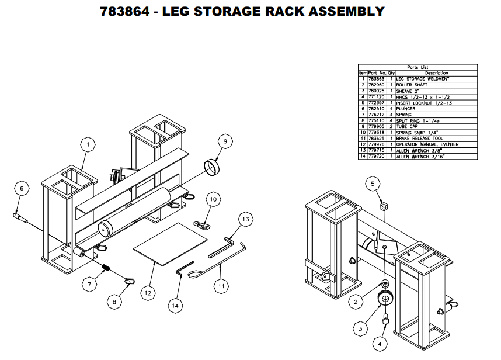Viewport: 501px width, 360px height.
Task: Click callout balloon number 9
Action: (x=224, y=141)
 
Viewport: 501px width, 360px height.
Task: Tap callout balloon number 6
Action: (x=22, y=189)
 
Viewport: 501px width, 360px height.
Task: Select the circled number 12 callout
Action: (x=148, y=290)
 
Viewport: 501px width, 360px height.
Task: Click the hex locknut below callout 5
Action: (x=384, y=207)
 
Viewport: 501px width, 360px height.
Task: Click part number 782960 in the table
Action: (x=378, y=85)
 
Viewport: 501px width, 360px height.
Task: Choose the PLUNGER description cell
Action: (x=407, y=109)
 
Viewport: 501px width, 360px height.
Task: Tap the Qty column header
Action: (x=392, y=73)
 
